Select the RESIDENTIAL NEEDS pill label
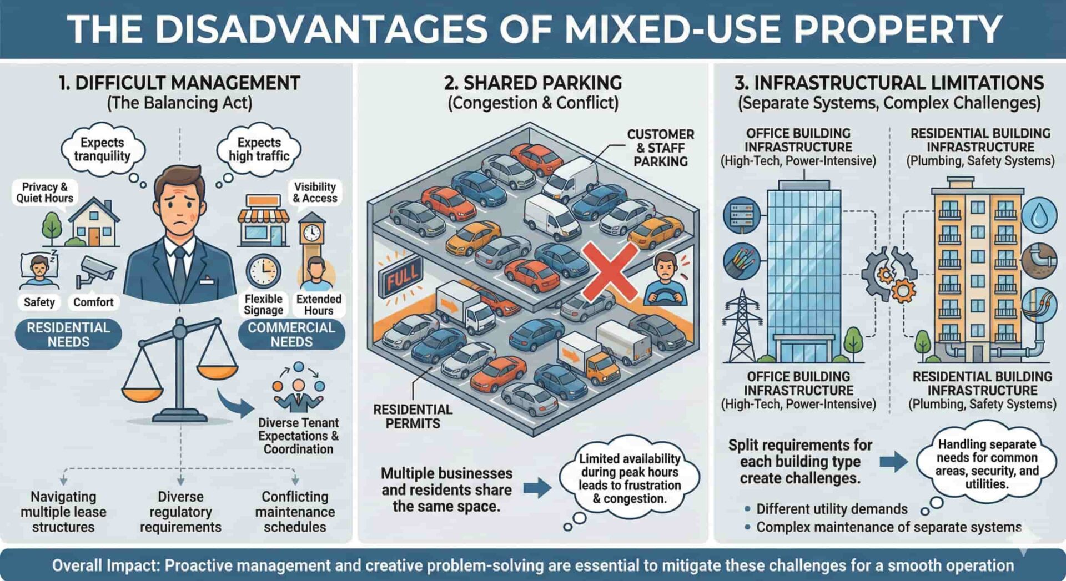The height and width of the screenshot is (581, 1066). (x=68, y=335)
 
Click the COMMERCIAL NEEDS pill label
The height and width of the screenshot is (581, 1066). (x=291, y=335)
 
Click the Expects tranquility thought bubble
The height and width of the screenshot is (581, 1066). (x=102, y=149)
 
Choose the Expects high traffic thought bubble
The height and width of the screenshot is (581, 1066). (x=259, y=149)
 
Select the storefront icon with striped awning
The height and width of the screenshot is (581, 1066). (x=263, y=220)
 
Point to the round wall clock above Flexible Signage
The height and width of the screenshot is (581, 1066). (x=263, y=271)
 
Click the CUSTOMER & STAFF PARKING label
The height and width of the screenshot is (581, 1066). (x=661, y=148)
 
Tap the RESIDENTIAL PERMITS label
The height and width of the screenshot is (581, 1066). (x=413, y=416)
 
